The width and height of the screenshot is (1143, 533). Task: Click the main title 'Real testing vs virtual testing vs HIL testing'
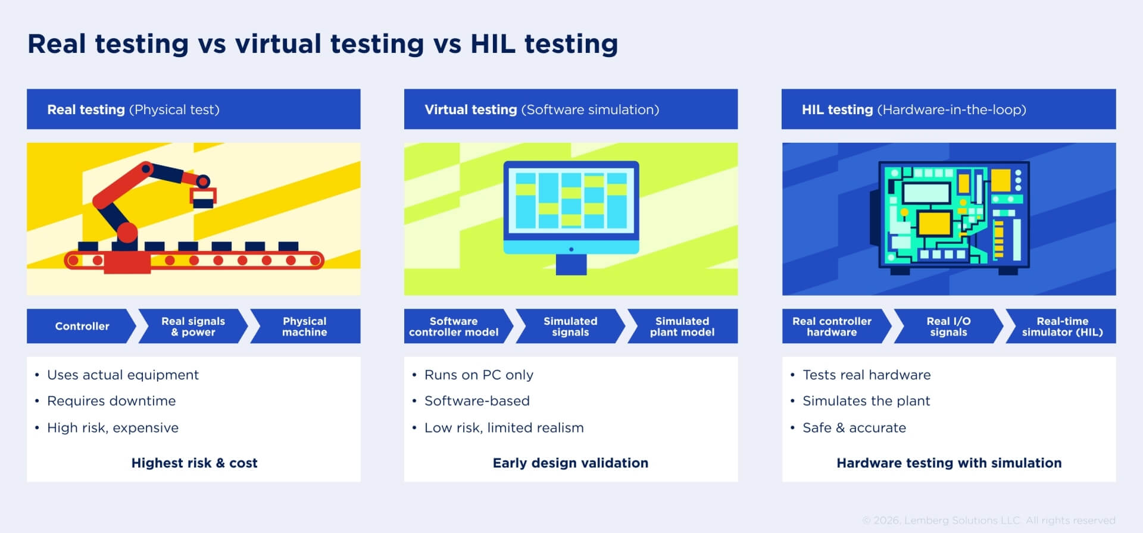coord(322,44)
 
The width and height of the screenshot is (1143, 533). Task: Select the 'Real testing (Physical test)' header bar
coord(193,109)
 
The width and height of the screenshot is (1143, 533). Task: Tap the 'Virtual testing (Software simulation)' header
coord(570,109)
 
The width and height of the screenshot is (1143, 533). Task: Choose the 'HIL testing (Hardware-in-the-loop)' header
coord(948,109)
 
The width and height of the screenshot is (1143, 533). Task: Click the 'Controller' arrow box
coord(82,326)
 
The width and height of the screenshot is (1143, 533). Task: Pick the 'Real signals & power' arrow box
coord(193,326)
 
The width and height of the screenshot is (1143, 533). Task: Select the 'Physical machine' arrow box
coord(305,326)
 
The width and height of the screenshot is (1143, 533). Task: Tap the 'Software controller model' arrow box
coord(454,326)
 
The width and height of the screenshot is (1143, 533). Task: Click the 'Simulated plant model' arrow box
coord(682,326)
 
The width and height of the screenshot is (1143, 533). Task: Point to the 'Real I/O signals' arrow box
coord(948,326)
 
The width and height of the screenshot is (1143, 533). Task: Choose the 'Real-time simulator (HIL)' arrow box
coord(1062,326)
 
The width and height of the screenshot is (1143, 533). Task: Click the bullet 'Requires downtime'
coord(111,401)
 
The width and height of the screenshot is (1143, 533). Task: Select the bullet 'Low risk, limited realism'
coord(504,428)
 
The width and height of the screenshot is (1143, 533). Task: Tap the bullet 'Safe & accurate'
coord(854,428)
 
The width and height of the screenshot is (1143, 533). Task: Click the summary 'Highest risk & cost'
coord(194,463)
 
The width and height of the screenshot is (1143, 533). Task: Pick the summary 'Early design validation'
coord(570,463)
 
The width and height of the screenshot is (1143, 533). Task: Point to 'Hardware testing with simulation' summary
coord(948,463)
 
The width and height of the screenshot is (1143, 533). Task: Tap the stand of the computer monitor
coord(571,264)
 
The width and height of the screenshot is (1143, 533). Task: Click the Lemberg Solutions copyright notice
coord(988,521)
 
